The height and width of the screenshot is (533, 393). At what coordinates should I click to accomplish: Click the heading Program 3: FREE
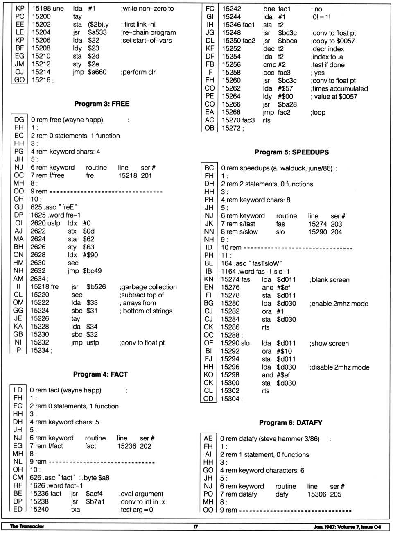102,104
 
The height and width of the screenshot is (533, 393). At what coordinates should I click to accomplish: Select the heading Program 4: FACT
100,374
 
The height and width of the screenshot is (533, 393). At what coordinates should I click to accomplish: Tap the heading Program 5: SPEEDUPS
291,152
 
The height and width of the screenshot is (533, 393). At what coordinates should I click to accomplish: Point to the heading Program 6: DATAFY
291,422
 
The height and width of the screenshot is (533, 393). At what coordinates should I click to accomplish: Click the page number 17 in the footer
196,526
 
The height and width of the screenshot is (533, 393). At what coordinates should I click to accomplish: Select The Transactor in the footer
27,526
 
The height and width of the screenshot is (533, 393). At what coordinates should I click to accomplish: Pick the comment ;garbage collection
148,287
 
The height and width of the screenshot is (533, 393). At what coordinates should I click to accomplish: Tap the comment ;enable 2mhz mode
339,304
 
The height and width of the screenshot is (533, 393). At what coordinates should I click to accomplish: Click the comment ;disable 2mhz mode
339,367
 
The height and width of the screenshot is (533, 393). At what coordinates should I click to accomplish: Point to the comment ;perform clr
138,72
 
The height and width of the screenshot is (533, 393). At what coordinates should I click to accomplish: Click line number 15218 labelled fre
40,287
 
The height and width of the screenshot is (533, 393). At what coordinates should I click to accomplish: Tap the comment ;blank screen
330,280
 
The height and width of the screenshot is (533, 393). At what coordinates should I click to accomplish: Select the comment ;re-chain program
148,32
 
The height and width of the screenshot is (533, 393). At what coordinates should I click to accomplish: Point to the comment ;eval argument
141,494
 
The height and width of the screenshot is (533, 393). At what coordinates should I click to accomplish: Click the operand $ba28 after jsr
287,104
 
